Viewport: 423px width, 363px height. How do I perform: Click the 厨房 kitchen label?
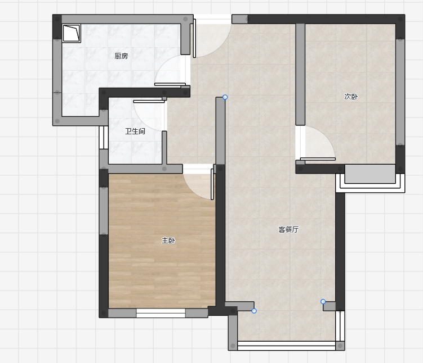pos(121,56)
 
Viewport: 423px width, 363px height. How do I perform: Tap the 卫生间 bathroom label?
pos(135,131)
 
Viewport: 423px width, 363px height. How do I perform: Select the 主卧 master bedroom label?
pos(168,241)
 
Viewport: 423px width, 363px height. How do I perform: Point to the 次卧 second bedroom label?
pos(351,96)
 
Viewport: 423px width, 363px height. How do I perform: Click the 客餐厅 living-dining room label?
pos(288,229)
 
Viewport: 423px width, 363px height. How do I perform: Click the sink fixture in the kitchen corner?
pos(72,33)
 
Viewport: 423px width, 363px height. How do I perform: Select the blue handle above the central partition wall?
pos(225,97)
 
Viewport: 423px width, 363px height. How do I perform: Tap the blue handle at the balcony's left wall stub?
pos(254,311)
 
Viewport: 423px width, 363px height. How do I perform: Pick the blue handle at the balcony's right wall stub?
pos(323,302)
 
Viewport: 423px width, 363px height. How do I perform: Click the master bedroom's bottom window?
pos(161,313)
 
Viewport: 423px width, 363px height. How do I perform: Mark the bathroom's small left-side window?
pos(104,138)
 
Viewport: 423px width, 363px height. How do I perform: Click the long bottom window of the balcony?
pos(287,346)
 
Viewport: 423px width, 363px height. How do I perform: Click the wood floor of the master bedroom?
pos(162,269)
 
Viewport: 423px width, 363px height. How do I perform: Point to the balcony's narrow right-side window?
pos(340,326)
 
